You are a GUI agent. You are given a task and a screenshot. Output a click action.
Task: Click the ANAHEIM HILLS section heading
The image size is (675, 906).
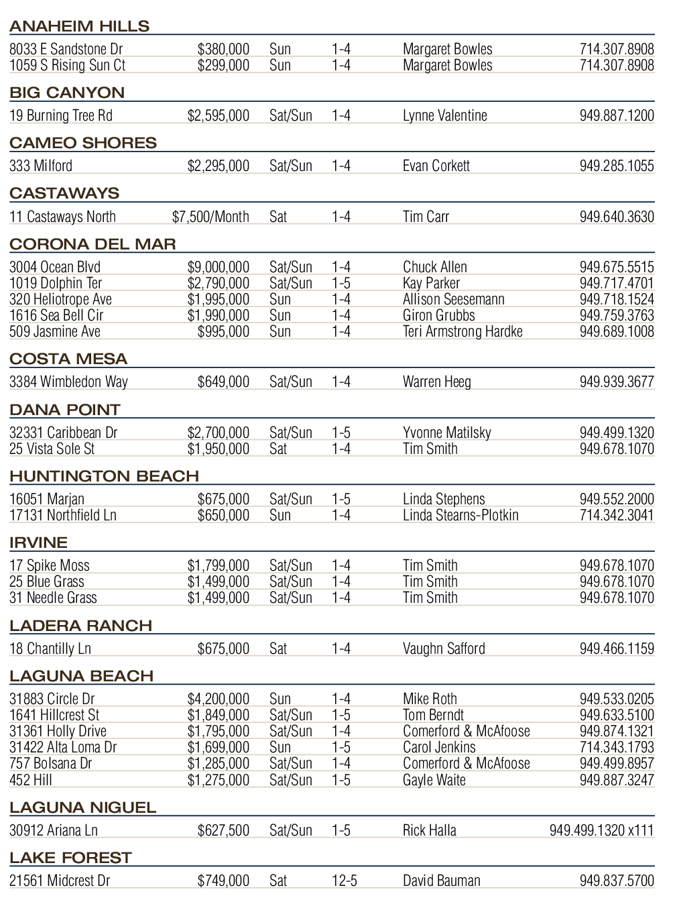[x=79, y=26]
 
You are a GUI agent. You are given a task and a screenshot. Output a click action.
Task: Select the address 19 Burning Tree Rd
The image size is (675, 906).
[x=61, y=115]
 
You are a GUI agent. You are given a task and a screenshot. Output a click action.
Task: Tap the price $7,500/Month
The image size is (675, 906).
[x=210, y=217]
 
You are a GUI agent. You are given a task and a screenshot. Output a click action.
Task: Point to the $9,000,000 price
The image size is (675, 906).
[x=219, y=267]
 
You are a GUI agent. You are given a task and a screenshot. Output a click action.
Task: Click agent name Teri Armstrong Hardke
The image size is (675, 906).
[x=463, y=331]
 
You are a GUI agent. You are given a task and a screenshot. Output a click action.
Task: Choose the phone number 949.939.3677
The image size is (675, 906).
[x=617, y=382]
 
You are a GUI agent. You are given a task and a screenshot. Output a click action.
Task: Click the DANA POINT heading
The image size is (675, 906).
[x=65, y=410]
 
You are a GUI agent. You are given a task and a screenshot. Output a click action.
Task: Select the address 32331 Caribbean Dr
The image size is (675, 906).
[x=64, y=433]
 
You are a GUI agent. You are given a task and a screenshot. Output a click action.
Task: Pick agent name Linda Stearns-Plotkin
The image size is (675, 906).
[x=461, y=515]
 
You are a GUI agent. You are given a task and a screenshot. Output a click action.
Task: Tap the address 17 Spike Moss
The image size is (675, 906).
[x=50, y=565]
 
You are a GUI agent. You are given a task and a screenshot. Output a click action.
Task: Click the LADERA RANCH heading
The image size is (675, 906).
[x=80, y=626]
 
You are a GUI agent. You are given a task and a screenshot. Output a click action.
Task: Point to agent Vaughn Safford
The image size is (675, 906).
[x=444, y=648]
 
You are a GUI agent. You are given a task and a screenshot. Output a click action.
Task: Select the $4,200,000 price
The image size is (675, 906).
[x=219, y=699]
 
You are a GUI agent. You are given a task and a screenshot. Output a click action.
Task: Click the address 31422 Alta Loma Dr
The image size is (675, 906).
[x=63, y=747]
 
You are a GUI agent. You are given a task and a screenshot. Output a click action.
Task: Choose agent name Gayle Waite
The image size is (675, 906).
[x=434, y=780]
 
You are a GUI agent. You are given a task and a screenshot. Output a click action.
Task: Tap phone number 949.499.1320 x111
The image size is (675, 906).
[x=601, y=830]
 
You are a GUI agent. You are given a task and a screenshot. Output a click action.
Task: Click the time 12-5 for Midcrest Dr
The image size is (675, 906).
[x=345, y=881]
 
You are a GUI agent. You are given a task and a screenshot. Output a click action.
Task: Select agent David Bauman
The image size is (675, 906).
[x=442, y=881]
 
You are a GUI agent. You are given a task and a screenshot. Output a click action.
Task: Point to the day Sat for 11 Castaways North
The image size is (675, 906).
[x=278, y=217]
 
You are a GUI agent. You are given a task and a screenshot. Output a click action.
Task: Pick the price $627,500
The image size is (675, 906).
[x=223, y=830]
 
